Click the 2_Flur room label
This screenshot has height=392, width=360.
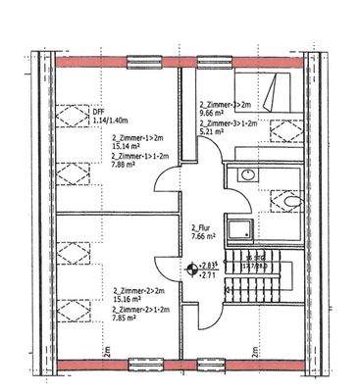pyautogui.click(x=203, y=225)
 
